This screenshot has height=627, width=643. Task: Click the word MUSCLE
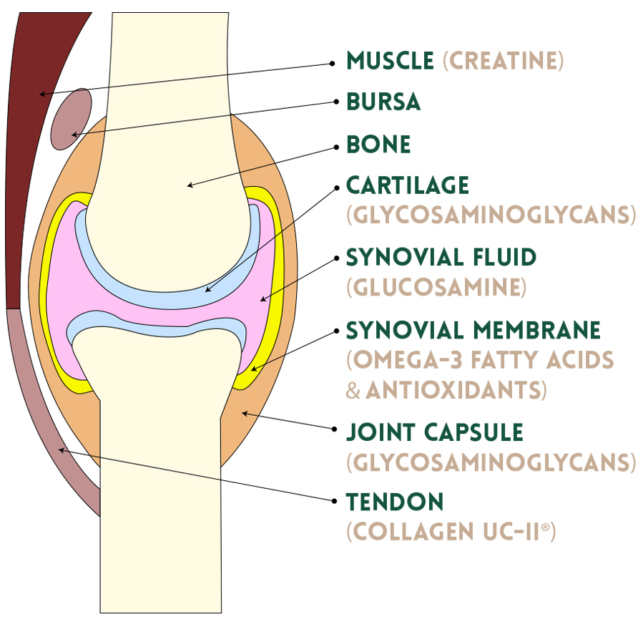[x=390, y=61]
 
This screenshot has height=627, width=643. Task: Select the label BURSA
[x=383, y=102]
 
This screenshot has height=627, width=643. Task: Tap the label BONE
[x=378, y=144]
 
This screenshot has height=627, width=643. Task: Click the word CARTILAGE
[x=408, y=185]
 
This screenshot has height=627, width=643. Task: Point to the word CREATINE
[x=503, y=61]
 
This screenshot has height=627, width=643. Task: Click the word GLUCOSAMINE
[x=436, y=287]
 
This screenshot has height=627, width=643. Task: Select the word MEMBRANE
[x=537, y=331]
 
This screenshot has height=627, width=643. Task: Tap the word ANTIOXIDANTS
[x=456, y=390]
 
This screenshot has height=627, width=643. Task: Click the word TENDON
[x=395, y=502]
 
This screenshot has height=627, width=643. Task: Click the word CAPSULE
[x=473, y=432]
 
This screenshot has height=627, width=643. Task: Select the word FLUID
[x=504, y=257]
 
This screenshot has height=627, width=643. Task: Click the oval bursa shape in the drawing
[x=72, y=119]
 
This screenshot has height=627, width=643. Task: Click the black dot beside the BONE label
[x=337, y=147]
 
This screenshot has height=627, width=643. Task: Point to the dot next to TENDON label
[x=334, y=501]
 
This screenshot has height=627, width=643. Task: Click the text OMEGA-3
[x=408, y=360]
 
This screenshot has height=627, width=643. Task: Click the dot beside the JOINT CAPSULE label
[x=334, y=429]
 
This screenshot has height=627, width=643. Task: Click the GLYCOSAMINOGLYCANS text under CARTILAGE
[x=491, y=215]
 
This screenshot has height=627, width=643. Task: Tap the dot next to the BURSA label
[x=337, y=102]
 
